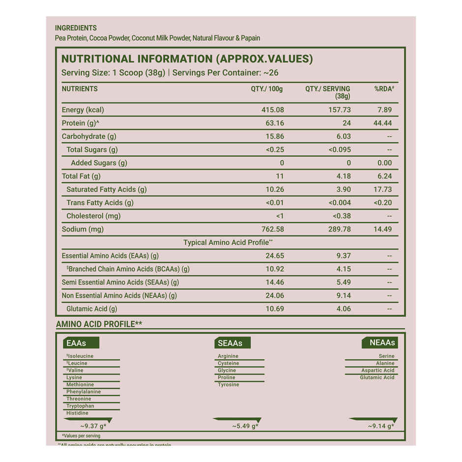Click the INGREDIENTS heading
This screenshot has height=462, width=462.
click(x=76, y=28)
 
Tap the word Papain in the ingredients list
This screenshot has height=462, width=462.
click(x=250, y=38)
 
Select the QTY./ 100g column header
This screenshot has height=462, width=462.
click(x=267, y=89)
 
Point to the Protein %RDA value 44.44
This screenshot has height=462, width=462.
click(x=382, y=123)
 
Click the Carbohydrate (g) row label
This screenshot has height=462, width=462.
click(x=89, y=136)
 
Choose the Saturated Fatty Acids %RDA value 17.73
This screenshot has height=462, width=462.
click(x=382, y=189)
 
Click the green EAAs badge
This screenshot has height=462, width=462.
click(x=81, y=343)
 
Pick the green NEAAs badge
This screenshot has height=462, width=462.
click(x=379, y=343)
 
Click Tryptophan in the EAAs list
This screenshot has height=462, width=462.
click(x=80, y=406)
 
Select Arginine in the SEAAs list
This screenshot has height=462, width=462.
click(x=228, y=356)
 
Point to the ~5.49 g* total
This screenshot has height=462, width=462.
click(x=245, y=426)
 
